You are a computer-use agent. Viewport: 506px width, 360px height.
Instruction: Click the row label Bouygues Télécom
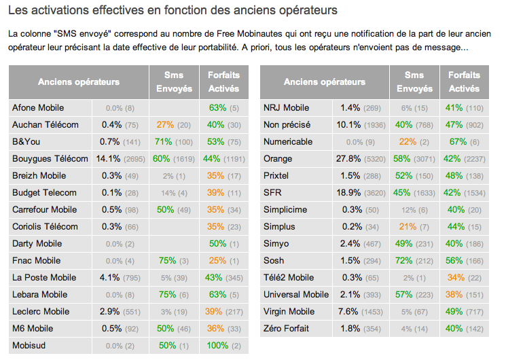50,159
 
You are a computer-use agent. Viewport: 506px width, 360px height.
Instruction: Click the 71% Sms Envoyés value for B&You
173,142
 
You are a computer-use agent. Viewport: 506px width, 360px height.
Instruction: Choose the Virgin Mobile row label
289,312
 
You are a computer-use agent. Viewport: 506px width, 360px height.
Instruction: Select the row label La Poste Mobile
44,278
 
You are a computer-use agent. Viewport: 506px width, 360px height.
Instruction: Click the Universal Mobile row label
295,295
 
